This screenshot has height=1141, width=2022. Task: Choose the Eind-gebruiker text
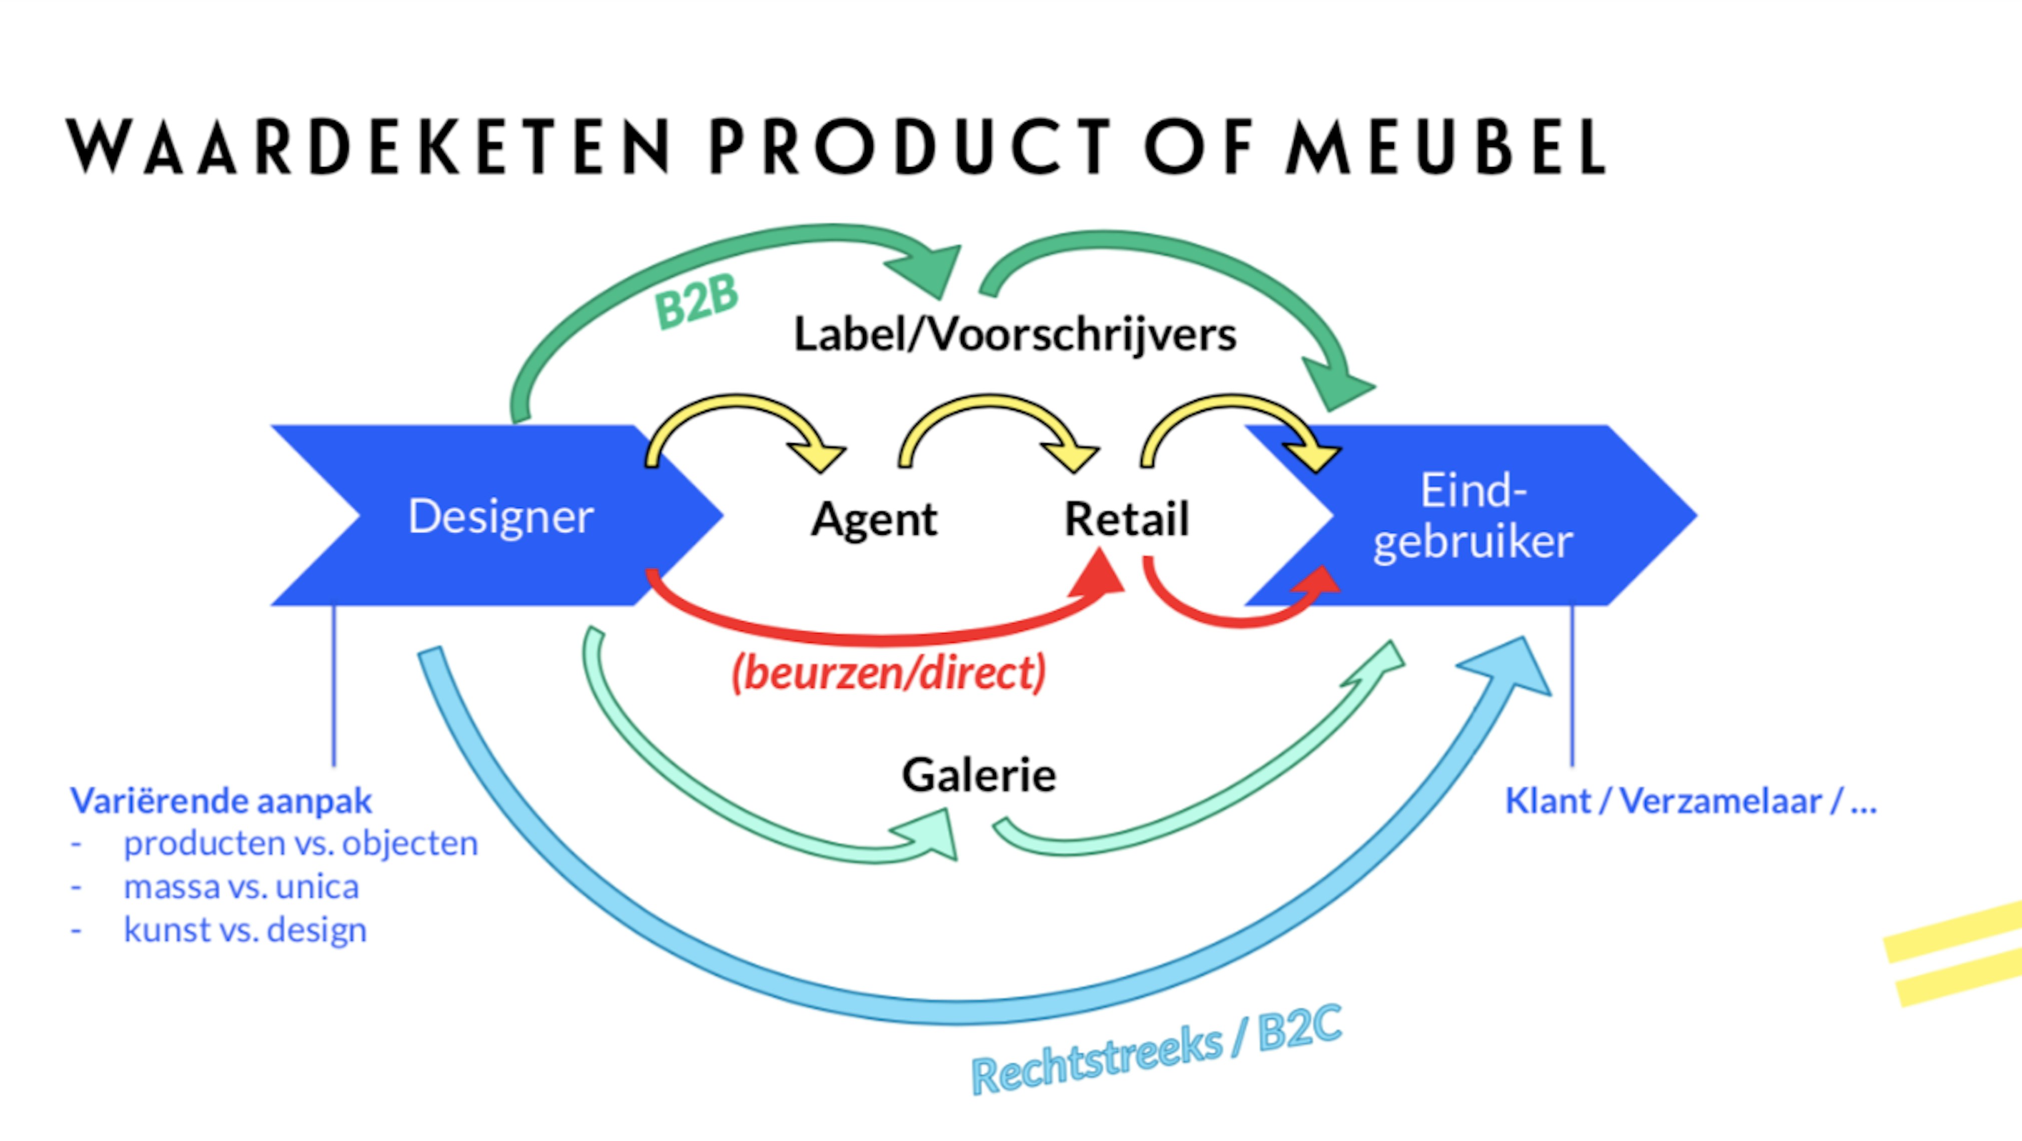(x=1472, y=516)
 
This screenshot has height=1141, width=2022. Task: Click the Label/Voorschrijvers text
(x=1015, y=334)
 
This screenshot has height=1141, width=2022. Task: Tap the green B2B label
(x=696, y=301)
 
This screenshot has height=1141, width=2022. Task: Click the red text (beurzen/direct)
(x=888, y=672)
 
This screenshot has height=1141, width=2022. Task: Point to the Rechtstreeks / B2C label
(x=1156, y=1051)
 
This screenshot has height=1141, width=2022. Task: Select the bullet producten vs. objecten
(x=301, y=843)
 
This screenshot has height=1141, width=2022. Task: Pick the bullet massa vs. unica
(x=241, y=887)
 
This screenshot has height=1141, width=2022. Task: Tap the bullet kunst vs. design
(x=245, y=930)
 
